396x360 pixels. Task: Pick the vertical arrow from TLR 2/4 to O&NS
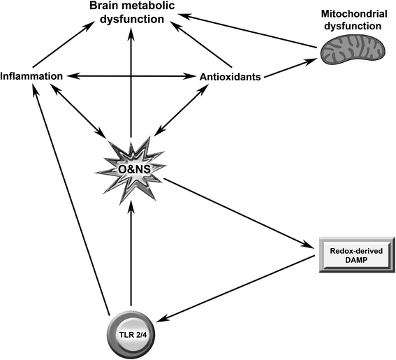click(x=131, y=259)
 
